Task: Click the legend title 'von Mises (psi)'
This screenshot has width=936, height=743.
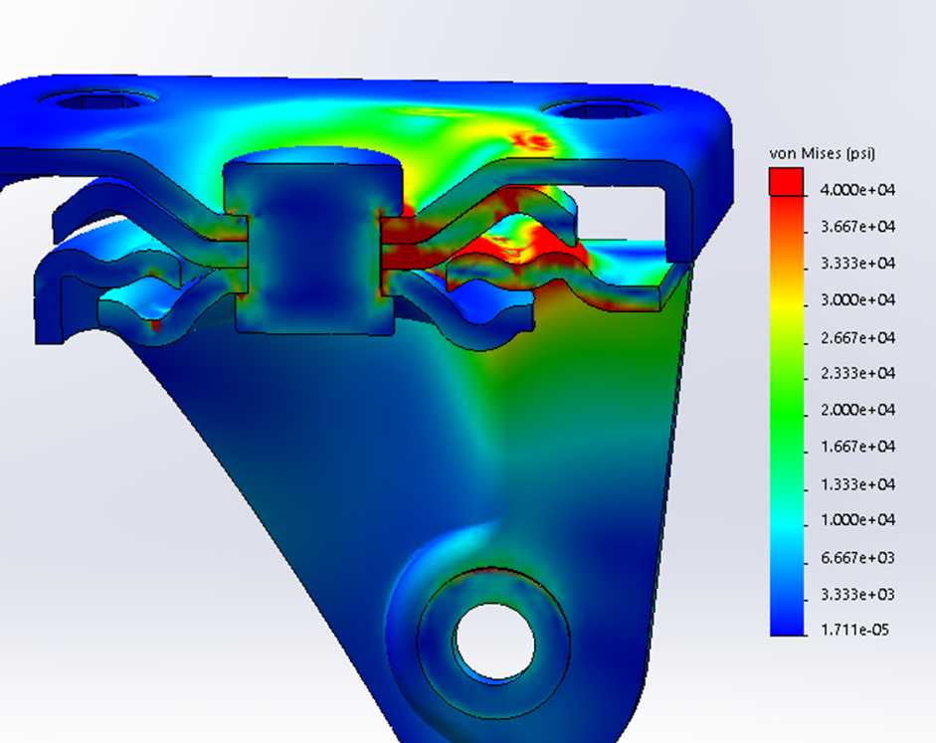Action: (822, 153)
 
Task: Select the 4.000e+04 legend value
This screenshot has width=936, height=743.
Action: (857, 190)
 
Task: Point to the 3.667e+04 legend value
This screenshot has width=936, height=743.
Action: (857, 227)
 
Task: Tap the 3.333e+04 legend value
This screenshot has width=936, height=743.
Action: (857, 264)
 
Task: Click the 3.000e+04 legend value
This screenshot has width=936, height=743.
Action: (857, 300)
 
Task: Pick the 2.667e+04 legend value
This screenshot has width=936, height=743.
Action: (857, 338)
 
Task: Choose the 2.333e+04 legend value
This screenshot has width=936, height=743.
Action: (857, 374)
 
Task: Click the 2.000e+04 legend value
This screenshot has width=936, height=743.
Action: (857, 410)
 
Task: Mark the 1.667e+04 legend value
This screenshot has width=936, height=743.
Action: (857, 447)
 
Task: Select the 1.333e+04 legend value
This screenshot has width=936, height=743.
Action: (857, 484)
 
